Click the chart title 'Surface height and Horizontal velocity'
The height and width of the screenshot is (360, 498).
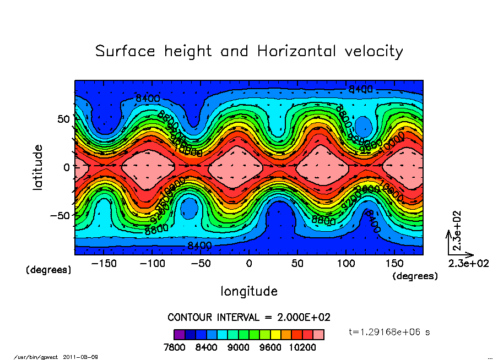pyautogui.click(x=249, y=51)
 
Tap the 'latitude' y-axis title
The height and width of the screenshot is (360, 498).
pyautogui.click(x=38, y=167)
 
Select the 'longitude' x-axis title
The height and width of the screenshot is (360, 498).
pyautogui.click(x=249, y=291)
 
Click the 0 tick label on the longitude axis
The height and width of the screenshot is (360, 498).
pyautogui.click(x=249, y=264)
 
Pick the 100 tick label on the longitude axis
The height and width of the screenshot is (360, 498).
pyautogui.click(x=346, y=264)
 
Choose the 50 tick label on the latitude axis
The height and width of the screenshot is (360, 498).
pyautogui.click(x=63, y=118)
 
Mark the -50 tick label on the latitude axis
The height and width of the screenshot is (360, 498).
pyautogui.click(x=59, y=215)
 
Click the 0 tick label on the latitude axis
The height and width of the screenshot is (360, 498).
pyautogui.click(x=67, y=167)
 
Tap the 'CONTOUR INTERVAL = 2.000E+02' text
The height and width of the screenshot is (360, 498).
pyautogui.click(x=249, y=318)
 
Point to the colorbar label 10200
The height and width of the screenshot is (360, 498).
pyautogui.click(x=302, y=347)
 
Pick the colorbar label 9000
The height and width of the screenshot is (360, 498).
pyautogui.click(x=239, y=347)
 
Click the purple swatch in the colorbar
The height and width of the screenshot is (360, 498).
pyautogui.click(x=179, y=334)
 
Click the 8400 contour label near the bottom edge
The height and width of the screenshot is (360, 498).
pyautogui.click(x=199, y=245)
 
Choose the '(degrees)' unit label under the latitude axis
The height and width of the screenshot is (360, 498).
pyautogui.click(x=48, y=270)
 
